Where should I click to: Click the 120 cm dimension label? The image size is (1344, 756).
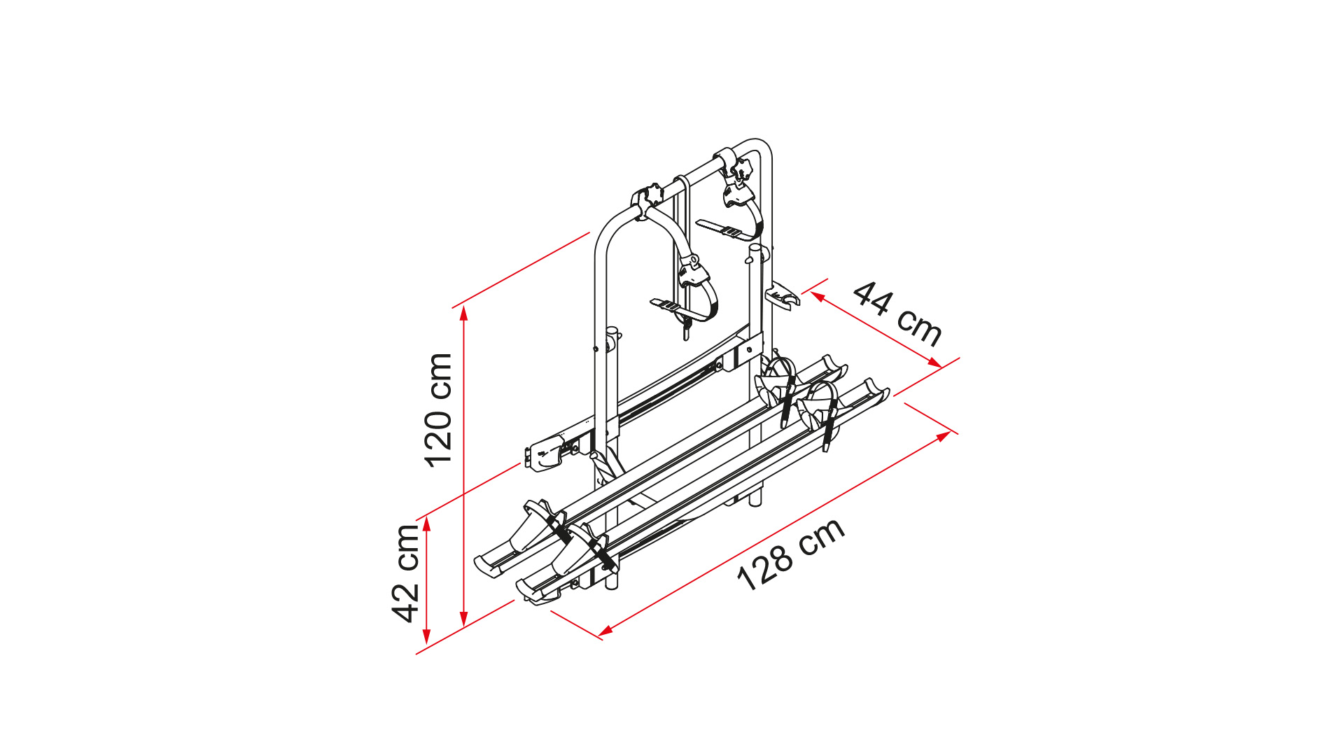pyautogui.click(x=438, y=410)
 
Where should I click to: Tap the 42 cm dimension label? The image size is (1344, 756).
pyautogui.click(x=405, y=573)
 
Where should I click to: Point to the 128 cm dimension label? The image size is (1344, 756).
pyautogui.click(x=791, y=555)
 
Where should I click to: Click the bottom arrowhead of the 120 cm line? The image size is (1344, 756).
pyautogui.click(x=463, y=619)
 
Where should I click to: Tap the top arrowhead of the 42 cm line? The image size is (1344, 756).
pyautogui.click(x=426, y=522)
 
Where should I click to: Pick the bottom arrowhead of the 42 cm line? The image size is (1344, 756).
pyautogui.click(x=426, y=637)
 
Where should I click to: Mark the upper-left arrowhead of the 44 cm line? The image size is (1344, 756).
pyautogui.click(x=818, y=297)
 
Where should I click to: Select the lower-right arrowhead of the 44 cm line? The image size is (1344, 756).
pyautogui.click(x=934, y=363)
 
